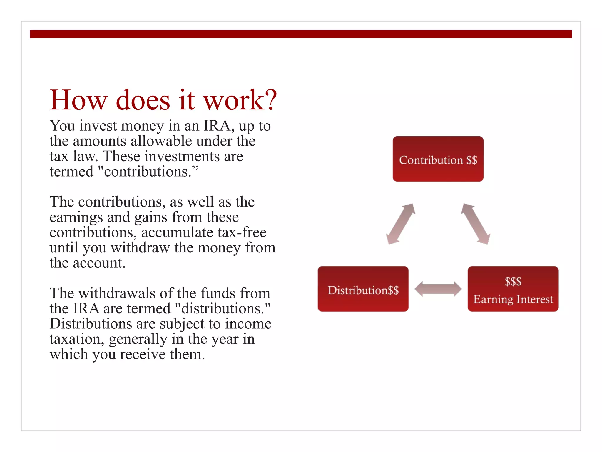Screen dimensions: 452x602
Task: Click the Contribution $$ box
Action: [438, 159]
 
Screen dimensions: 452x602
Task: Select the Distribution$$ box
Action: [363, 289]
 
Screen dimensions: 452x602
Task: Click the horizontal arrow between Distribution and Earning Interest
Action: [438, 289]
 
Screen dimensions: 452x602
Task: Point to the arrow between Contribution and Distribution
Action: [400, 224]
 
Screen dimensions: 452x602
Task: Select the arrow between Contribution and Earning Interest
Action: [475, 224]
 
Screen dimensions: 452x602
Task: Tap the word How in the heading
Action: [78, 100]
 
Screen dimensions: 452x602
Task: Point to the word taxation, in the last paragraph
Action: [77, 339]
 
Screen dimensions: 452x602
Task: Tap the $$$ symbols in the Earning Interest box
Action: [513, 282]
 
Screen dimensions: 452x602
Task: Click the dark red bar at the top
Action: [301, 34]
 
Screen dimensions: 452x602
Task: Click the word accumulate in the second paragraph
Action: [177, 232]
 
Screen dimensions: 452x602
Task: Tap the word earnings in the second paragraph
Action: [76, 218]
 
